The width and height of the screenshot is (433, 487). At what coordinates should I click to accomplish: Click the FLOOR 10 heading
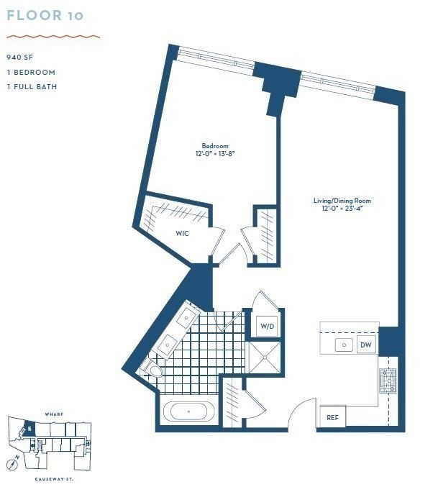45,16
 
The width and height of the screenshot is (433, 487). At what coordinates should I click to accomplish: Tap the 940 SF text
20,58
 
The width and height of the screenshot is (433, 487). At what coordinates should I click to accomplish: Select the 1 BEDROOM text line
31,73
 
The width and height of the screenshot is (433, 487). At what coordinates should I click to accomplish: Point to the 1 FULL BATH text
32,86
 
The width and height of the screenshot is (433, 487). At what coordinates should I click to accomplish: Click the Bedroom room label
215,145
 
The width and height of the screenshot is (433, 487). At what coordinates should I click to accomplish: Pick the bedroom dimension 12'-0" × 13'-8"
215,153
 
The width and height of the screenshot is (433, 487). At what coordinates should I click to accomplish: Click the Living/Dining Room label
342,201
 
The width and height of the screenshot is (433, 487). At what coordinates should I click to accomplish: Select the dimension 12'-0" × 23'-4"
342,209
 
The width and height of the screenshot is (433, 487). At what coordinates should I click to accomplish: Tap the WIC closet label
182,233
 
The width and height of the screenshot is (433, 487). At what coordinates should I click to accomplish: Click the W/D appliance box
268,326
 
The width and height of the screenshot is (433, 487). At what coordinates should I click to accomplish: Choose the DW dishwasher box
366,345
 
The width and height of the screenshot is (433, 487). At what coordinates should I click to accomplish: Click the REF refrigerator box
332,417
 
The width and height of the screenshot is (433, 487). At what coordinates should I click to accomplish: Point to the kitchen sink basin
344,345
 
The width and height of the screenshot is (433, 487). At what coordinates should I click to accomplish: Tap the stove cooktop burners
388,381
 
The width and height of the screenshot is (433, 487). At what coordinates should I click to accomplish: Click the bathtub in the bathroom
188,411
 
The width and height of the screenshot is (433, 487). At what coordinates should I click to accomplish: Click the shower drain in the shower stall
265,358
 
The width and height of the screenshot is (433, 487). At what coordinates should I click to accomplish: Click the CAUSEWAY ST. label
54,479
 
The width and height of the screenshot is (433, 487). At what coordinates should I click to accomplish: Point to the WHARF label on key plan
54,414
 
